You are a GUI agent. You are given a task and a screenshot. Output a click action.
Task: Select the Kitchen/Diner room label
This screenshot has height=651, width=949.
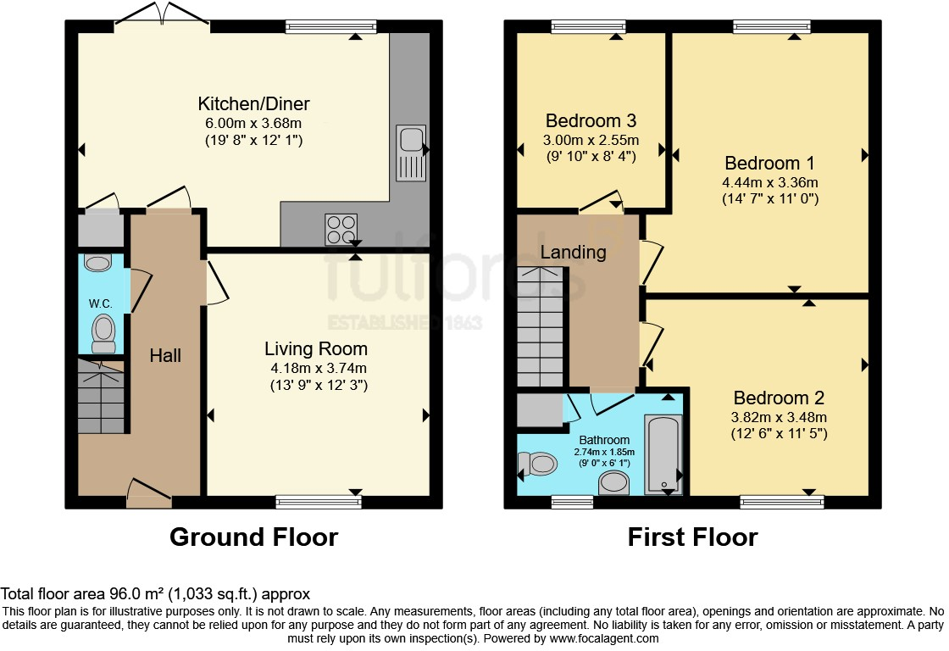point(253,104)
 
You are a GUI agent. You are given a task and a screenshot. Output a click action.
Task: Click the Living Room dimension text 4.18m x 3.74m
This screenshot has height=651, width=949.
point(316,368)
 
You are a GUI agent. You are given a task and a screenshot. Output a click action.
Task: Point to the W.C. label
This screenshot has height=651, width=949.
point(101,303)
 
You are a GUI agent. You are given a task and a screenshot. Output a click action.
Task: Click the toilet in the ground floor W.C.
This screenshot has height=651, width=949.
point(103,333)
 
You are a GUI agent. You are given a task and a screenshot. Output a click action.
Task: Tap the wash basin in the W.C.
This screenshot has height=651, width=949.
point(98,264)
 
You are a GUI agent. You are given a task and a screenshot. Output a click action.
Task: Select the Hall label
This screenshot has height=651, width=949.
point(165,356)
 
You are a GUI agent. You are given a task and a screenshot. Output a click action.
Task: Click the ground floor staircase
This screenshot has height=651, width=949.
point(102,397)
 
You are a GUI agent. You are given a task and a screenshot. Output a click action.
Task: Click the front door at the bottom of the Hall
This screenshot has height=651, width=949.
point(149,493)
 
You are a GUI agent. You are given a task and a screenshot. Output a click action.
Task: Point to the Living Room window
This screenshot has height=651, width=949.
point(319,503)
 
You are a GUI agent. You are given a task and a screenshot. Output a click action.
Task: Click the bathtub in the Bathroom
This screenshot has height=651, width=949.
point(663,453)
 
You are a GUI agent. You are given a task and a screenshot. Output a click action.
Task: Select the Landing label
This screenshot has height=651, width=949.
point(573,252)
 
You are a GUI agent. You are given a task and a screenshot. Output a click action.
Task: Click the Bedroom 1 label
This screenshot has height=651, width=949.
point(763,163)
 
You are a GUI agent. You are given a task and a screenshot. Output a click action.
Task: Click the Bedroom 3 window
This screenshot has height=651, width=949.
point(588,26)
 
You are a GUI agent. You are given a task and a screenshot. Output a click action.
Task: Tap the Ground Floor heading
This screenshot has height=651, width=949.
point(253,537)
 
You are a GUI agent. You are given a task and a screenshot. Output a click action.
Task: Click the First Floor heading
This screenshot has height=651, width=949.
point(692,537)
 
